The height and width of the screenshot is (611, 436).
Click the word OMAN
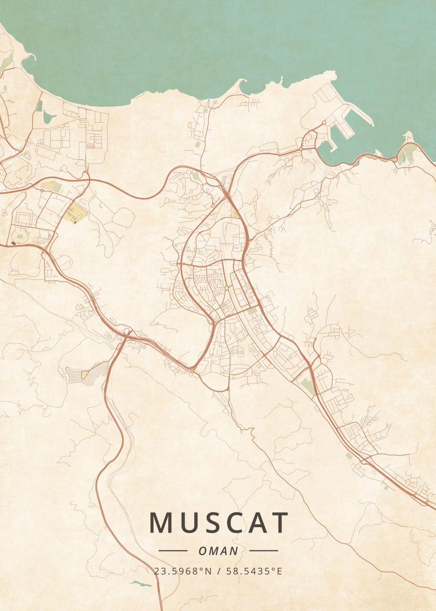(x=218, y=551)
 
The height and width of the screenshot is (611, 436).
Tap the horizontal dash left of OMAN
(x=173, y=551)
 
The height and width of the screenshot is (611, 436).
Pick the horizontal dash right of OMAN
(x=264, y=551)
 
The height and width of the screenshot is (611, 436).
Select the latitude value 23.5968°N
(x=183, y=571)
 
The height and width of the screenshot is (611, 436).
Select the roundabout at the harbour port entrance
(x=324, y=123)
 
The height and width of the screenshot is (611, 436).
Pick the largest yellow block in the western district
(x=77, y=212)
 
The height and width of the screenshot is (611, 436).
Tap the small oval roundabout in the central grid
(x=226, y=289)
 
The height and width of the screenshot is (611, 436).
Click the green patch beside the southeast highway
(x=307, y=385)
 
